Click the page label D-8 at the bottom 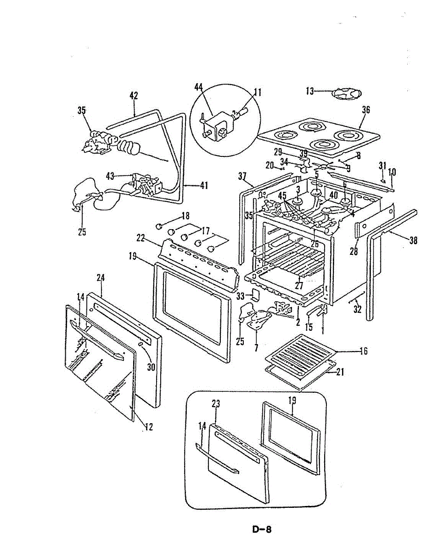point(262,529)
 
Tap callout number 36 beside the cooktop point(366,110)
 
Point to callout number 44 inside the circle point(199,87)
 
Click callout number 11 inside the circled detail point(258,92)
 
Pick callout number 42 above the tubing point(134,96)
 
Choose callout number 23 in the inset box point(216,404)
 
